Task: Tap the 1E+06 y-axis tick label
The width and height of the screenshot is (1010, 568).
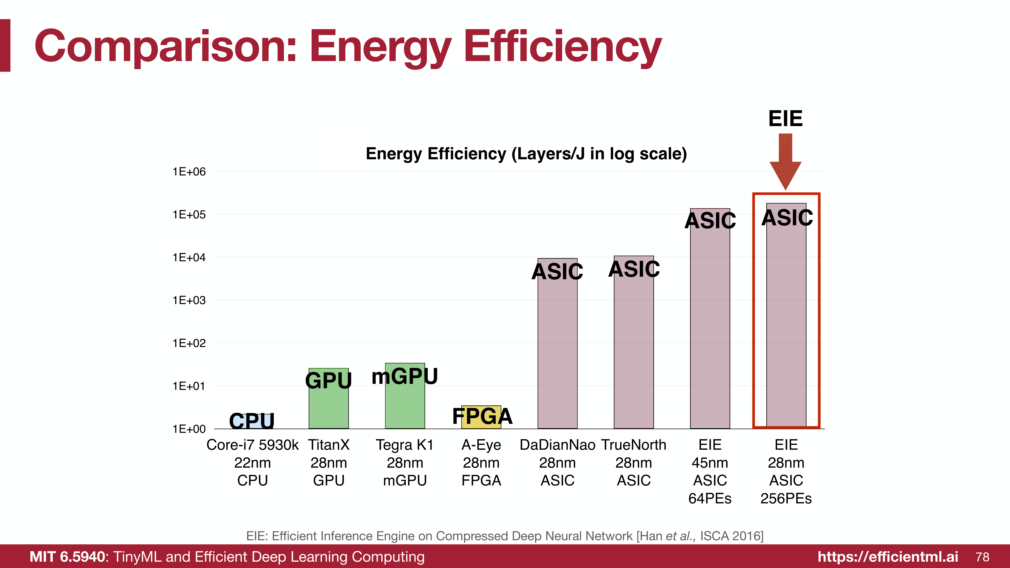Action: point(189,172)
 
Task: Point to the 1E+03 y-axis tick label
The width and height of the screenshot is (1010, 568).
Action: point(189,300)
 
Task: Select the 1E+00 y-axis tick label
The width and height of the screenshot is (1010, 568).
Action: point(189,429)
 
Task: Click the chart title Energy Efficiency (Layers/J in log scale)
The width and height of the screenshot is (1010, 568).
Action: point(526,154)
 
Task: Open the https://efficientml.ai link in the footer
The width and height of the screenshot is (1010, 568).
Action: point(888,557)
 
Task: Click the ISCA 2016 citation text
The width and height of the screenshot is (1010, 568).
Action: point(731,536)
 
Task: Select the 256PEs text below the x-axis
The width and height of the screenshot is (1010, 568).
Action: point(786,498)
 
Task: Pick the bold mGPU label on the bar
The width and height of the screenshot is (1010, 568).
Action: point(405,376)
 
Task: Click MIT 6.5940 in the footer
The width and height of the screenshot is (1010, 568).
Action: point(67,557)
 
